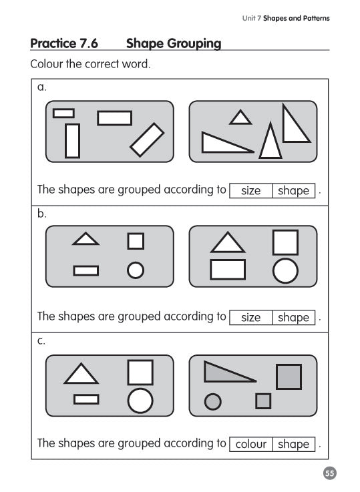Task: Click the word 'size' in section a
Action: click(x=250, y=191)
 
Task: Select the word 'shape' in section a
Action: click(x=293, y=191)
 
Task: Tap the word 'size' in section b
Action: click(x=250, y=318)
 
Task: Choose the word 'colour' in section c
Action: click(x=251, y=445)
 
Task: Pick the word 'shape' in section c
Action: click(x=293, y=445)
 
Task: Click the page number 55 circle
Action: click(x=329, y=473)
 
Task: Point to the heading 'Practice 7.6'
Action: click(x=64, y=44)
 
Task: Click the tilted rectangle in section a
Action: click(x=147, y=140)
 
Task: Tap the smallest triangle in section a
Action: click(x=240, y=118)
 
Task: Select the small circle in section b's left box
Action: click(x=136, y=270)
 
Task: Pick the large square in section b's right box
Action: click(x=285, y=242)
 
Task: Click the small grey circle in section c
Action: click(x=212, y=401)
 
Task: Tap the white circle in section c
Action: click(x=140, y=401)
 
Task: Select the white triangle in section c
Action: click(x=81, y=374)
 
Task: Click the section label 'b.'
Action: click(x=41, y=214)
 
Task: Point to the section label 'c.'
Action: click(x=41, y=340)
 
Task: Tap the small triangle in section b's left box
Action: click(x=85, y=238)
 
